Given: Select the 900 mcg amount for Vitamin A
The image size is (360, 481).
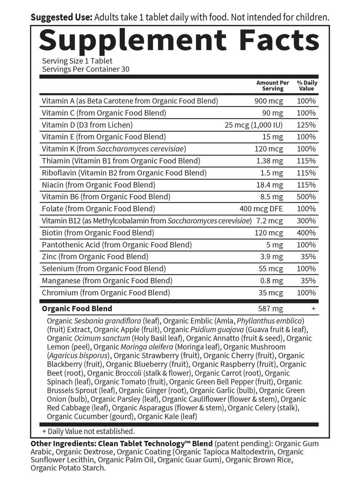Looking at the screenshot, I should click(x=269, y=101).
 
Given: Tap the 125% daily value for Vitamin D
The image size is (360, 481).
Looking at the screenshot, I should click(x=306, y=125).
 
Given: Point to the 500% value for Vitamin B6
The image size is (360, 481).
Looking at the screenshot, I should click(x=306, y=197).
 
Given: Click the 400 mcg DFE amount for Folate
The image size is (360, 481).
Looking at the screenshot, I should click(x=261, y=209).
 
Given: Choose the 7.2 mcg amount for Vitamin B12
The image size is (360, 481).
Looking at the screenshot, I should click(x=269, y=221).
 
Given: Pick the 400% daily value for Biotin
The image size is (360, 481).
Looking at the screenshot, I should click(x=306, y=233).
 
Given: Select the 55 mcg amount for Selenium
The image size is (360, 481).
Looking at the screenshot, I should click(x=271, y=269).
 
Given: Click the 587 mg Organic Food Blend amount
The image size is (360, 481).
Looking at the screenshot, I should click(x=270, y=309).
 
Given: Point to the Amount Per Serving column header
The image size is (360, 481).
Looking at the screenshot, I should click(x=273, y=86).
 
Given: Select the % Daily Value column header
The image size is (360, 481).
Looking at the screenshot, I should click(x=307, y=86).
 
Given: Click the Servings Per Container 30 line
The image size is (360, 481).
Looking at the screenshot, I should click(x=86, y=69).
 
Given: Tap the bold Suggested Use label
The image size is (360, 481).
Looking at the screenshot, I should click(x=62, y=17).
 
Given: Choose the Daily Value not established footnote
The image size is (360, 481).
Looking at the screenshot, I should click(x=88, y=431).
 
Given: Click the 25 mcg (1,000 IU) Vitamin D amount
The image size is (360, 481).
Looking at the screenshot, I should click(x=253, y=125).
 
